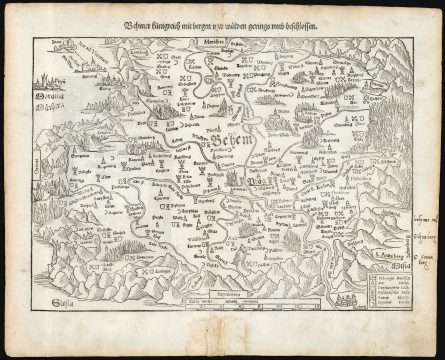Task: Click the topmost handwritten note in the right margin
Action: coord(423,218)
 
